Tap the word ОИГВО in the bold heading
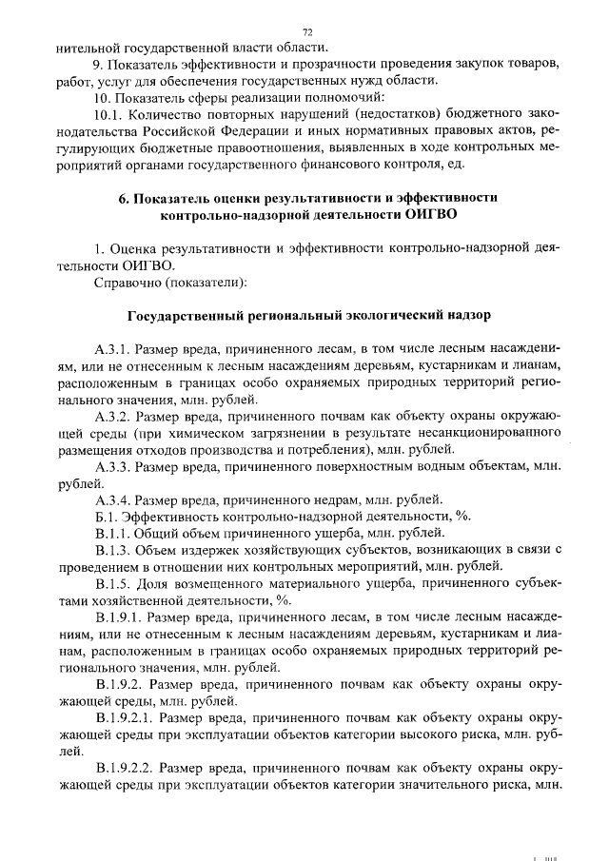pyautogui.click(x=431, y=215)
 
